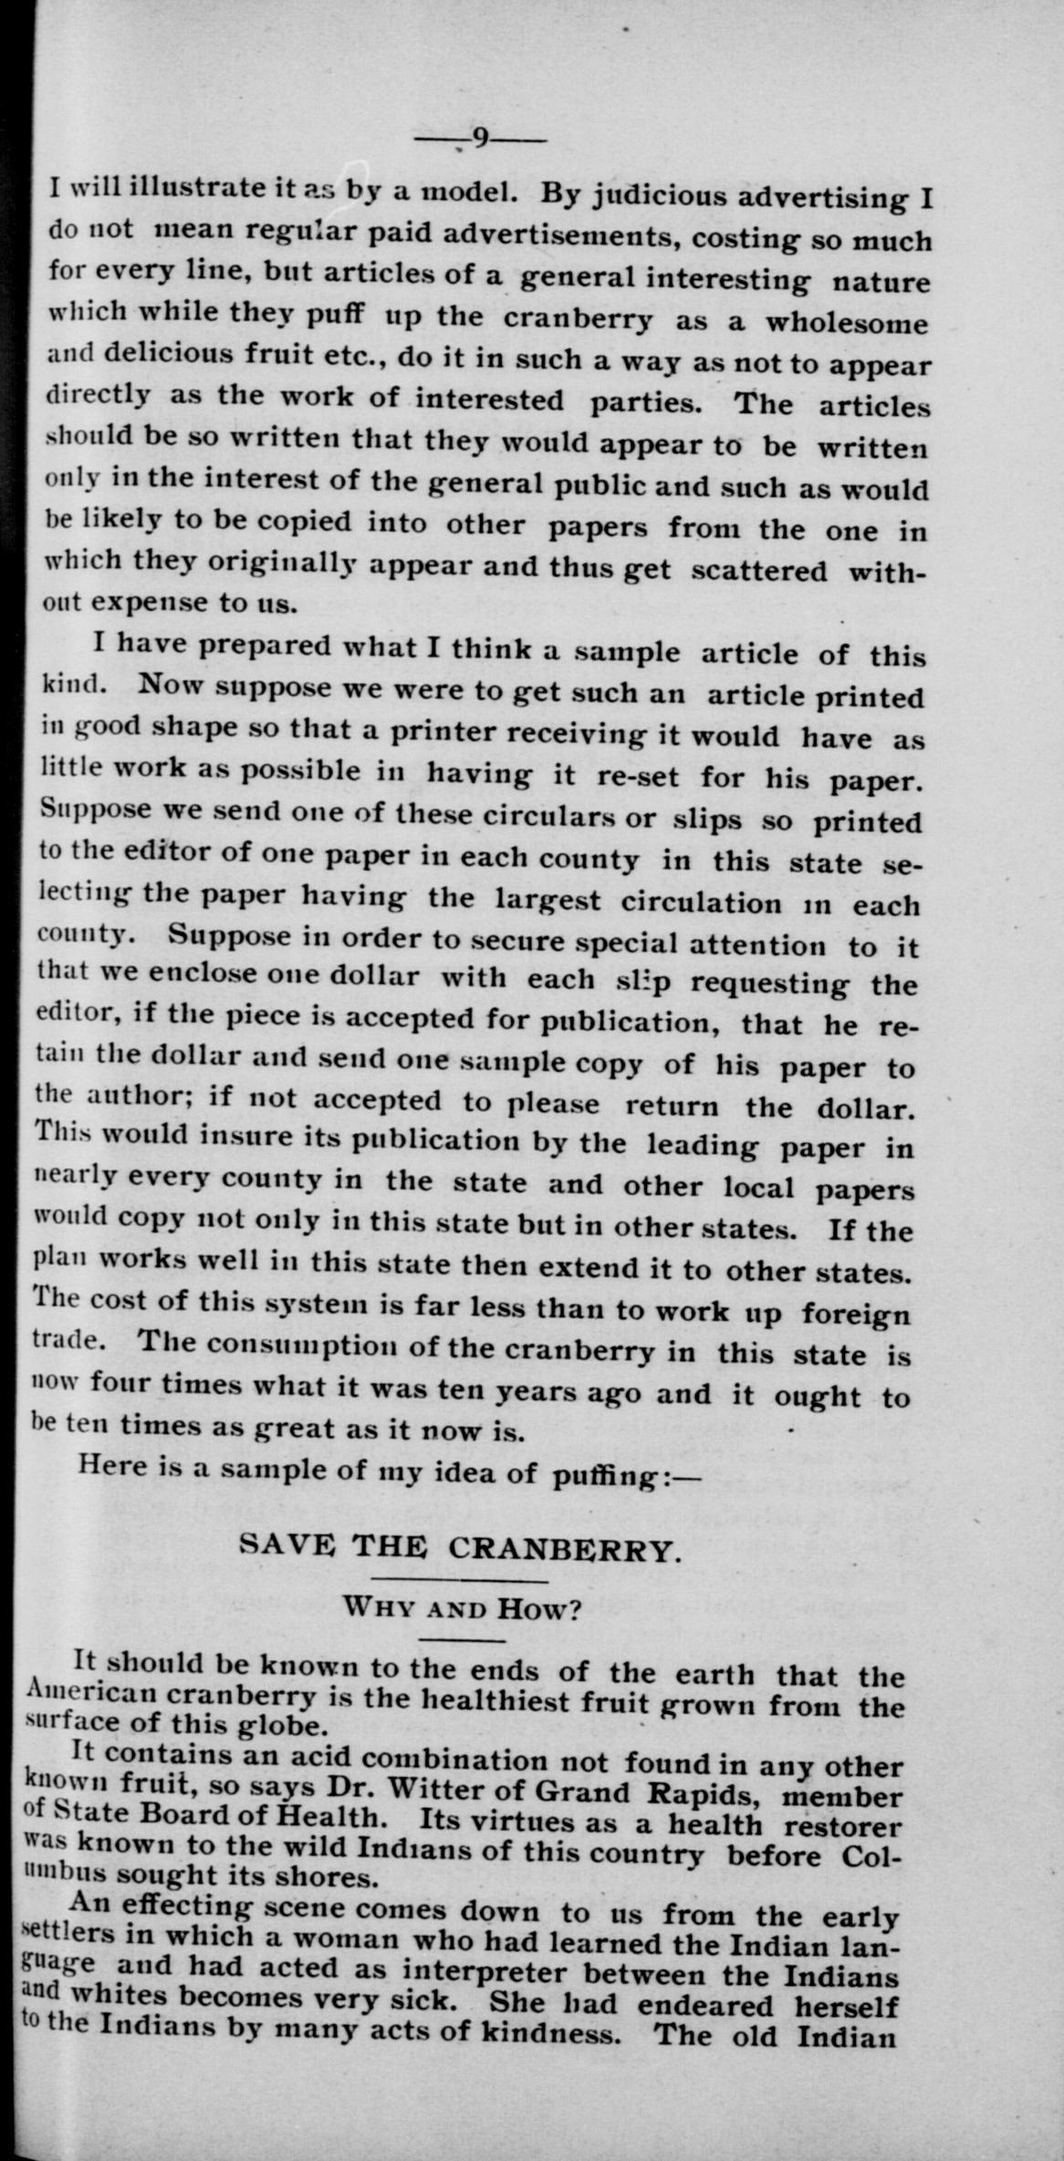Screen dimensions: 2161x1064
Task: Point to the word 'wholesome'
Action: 847,323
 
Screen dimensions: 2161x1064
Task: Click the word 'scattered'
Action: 759,571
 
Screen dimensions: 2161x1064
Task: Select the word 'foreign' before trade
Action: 856,1314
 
